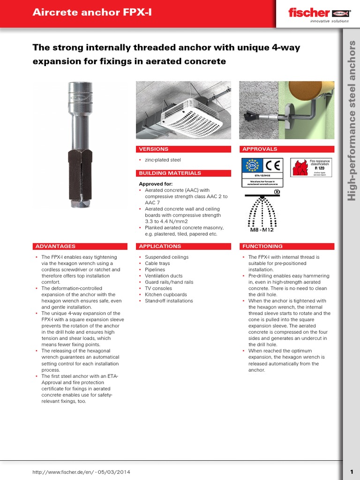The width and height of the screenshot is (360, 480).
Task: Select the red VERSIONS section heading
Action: coord(183,149)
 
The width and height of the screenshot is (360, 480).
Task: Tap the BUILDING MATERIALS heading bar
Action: coord(183,173)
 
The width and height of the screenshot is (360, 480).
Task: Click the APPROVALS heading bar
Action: coord(286,149)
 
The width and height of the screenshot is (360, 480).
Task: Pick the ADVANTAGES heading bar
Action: coord(80,246)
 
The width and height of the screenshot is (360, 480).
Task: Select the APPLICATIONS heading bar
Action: coord(183,246)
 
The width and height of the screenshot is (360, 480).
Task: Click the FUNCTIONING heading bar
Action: coord(286,246)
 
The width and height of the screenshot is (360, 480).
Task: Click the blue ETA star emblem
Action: coord(251,166)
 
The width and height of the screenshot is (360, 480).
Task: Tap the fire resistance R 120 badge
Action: coord(311,167)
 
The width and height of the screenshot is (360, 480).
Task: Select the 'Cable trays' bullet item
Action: coord(158,263)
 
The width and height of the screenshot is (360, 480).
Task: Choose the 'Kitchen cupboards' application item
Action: coord(165,295)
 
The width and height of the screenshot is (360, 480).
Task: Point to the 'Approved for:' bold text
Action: coord(156,184)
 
